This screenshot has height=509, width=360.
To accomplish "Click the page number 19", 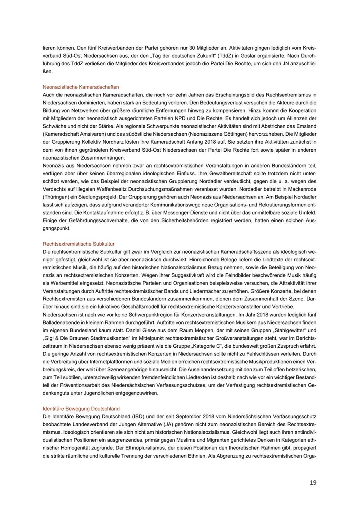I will pos(313,483).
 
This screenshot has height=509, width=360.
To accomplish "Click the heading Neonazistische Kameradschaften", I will pos(81,87).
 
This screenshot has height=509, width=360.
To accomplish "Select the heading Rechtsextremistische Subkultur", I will pos(78,244).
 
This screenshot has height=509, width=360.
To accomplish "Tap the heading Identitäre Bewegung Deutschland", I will pos(81,409).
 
